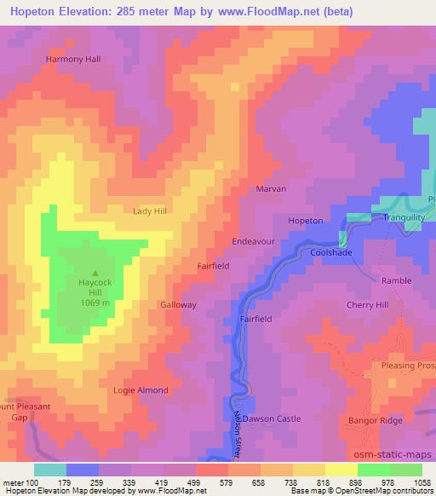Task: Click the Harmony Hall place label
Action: pos(72,59)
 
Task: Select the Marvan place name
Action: pos(271,188)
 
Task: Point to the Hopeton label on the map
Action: pos(306,221)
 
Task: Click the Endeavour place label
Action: pos(253,242)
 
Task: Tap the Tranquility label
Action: pos(404,217)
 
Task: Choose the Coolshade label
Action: pos(331,253)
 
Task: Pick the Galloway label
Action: pos(178,304)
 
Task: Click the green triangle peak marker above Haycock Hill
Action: pos(95,249)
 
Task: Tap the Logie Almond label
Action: pos(141,390)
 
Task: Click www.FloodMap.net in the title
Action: pos(265,12)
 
